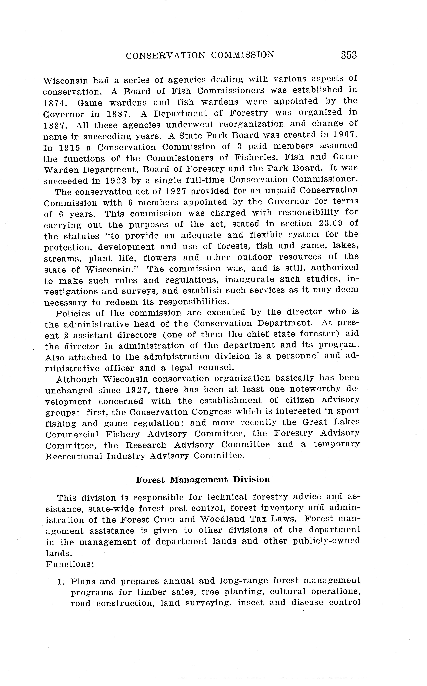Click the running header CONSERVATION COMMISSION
point(200,55)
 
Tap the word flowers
point(160,258)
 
